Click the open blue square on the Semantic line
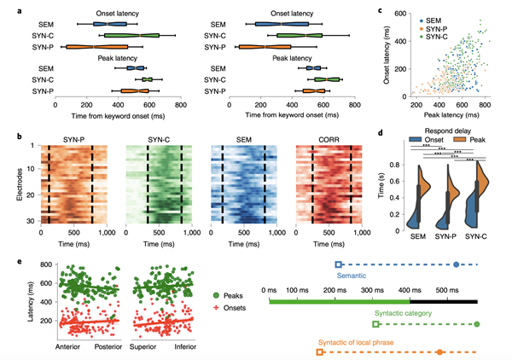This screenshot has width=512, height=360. (x=339, y=264)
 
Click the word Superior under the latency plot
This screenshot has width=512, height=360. (x=143, y=348)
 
